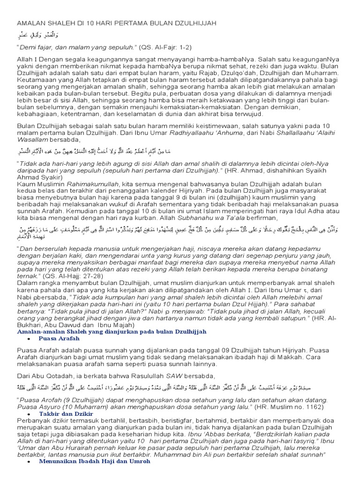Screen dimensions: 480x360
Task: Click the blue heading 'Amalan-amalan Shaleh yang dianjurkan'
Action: pyautogui.click(x=112, y=331)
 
